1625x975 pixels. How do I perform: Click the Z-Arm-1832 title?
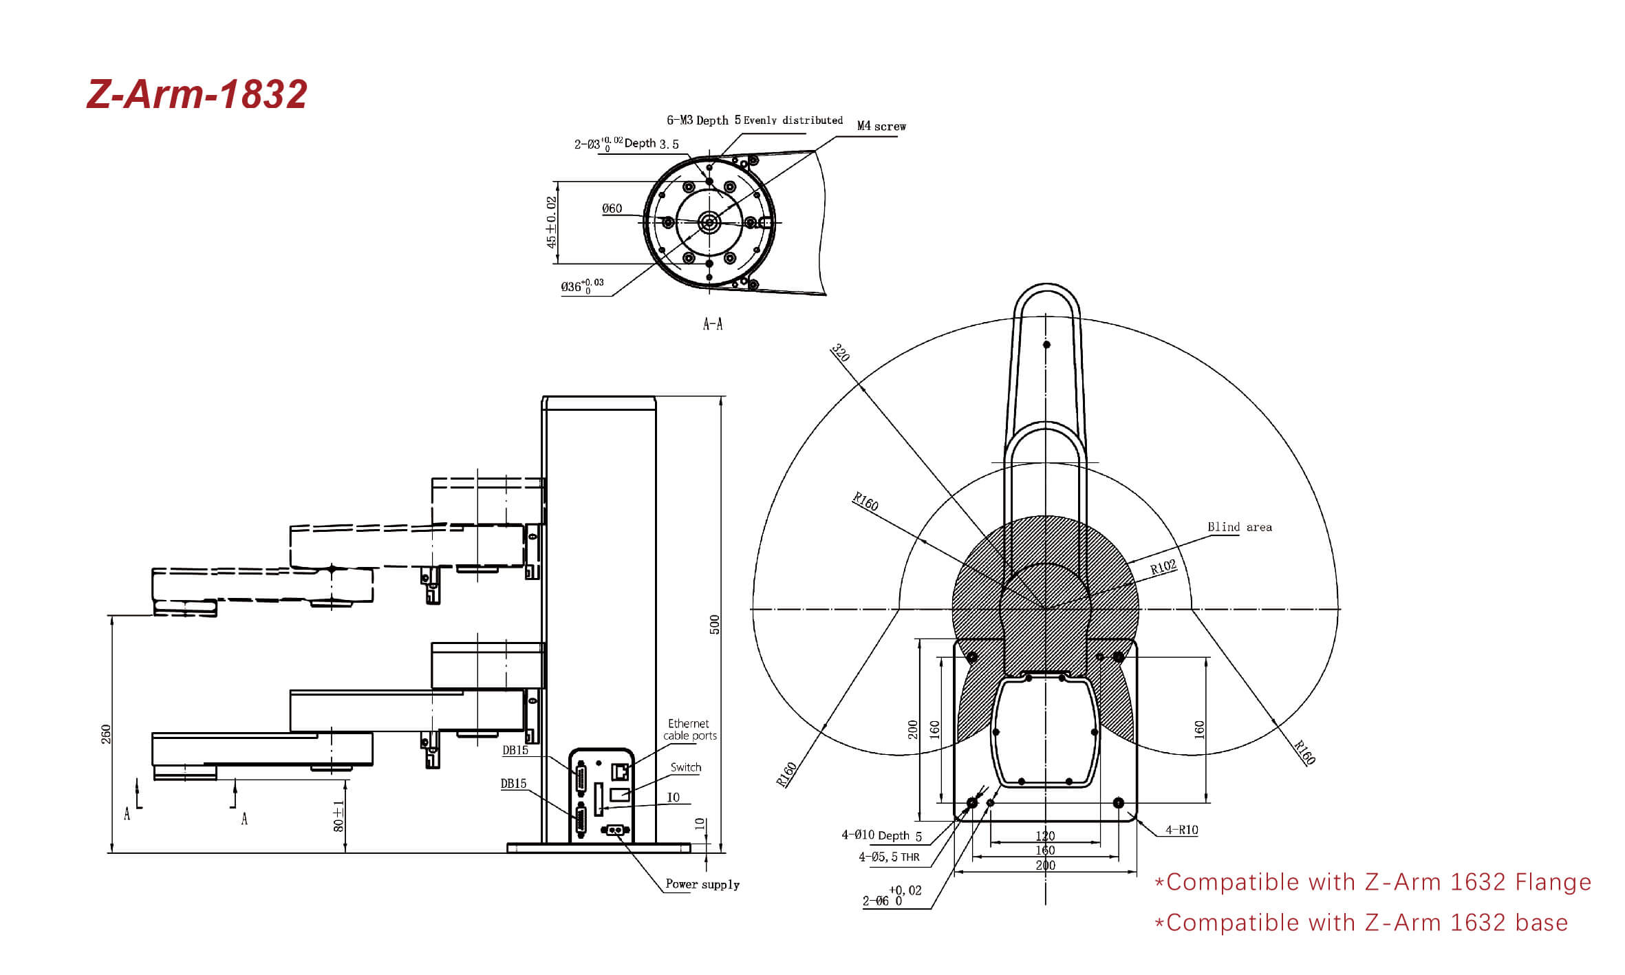(x=197, y=94)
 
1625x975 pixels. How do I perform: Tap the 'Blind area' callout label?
(x=1240, y=527)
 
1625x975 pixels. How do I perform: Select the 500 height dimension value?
(x=715, y=625)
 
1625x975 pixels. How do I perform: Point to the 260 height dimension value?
(x=106, y=734)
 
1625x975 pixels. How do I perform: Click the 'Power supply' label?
(x=702, y=884)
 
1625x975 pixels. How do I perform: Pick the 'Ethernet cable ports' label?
(x=689, y=729)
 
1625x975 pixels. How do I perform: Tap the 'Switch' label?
(x=686, y=767)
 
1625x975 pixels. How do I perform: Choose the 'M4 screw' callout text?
(x=881, y=126)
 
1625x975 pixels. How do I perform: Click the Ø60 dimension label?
(x=612, y=208)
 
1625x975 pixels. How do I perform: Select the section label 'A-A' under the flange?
(x=713, y=324)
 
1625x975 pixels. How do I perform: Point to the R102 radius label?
(x=1163, y=567)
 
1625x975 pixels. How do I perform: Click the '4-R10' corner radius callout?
(x=1181, y=830)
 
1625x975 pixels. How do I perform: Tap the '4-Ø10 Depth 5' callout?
(x=881, y=835)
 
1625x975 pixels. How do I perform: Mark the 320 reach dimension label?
(x=841, y=352)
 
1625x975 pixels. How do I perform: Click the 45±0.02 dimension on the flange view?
(x=551, y=222)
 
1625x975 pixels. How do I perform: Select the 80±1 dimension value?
(x=338, y=816)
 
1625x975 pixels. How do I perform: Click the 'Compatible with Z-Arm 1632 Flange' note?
(x=1373, y=882)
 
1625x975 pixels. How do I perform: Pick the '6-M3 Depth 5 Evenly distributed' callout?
(x=755, y=120)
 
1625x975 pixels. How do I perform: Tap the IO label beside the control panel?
(x=673, y=797)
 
